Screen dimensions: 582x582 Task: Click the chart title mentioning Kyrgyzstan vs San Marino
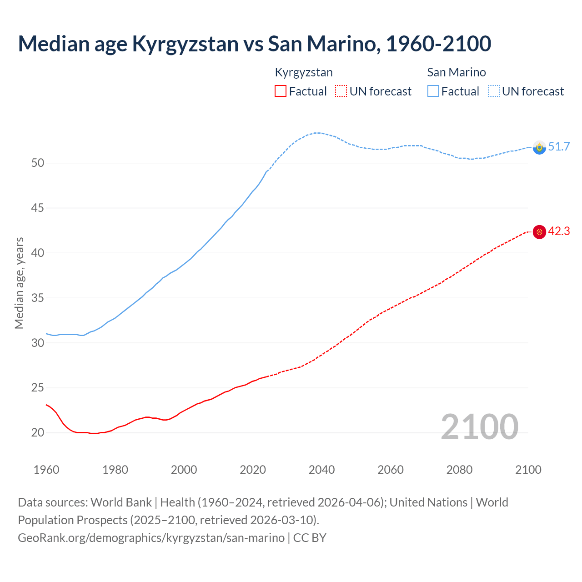click(x=254, y=44)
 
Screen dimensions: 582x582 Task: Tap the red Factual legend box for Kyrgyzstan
click(x=281, y=91)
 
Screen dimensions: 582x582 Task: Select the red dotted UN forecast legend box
click(x=341, y=91)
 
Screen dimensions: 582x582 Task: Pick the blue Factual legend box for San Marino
click(x=433, y=91)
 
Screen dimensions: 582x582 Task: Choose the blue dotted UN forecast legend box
click(x=494, y=91)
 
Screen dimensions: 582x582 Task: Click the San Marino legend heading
click(x=457, y=72)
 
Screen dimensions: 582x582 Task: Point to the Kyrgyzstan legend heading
click(x=304, y=72)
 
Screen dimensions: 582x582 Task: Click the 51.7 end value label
click(x=559, y=146)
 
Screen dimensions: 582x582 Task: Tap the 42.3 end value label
click(x=559, y=231)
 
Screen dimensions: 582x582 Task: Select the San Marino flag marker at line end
click(x=539, y=147)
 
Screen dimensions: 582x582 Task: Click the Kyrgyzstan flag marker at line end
click(x=539, y=232)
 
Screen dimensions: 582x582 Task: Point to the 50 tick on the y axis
click(x=38, y=163)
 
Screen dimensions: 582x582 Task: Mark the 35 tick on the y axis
click(x=38, y=298)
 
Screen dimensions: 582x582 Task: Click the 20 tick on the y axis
click(x=38, y=432)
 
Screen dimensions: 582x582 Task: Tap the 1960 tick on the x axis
click(x=46, y=470)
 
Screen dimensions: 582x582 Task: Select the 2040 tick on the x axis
click(x=322, y=470)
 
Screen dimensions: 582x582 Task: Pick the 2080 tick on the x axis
click(x=459, y=470)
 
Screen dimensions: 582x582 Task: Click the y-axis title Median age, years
click(x=19, y=283)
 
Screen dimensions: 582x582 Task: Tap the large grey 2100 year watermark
click(x=479, y=426)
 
